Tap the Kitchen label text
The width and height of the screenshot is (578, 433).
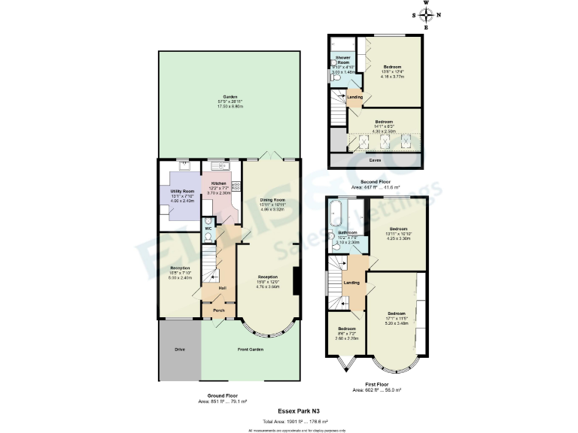[218, 183]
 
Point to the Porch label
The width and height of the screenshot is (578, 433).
[219, 310]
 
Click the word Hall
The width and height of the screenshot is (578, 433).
[222, 288]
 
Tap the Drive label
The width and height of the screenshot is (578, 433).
[179, 350]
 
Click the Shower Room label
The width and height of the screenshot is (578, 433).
[343, 62]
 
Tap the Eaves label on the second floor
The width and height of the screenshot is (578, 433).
[375, 160]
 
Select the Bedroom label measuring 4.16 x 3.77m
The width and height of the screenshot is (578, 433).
[392, 65]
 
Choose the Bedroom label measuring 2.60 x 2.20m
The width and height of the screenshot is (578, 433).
[347, 329]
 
